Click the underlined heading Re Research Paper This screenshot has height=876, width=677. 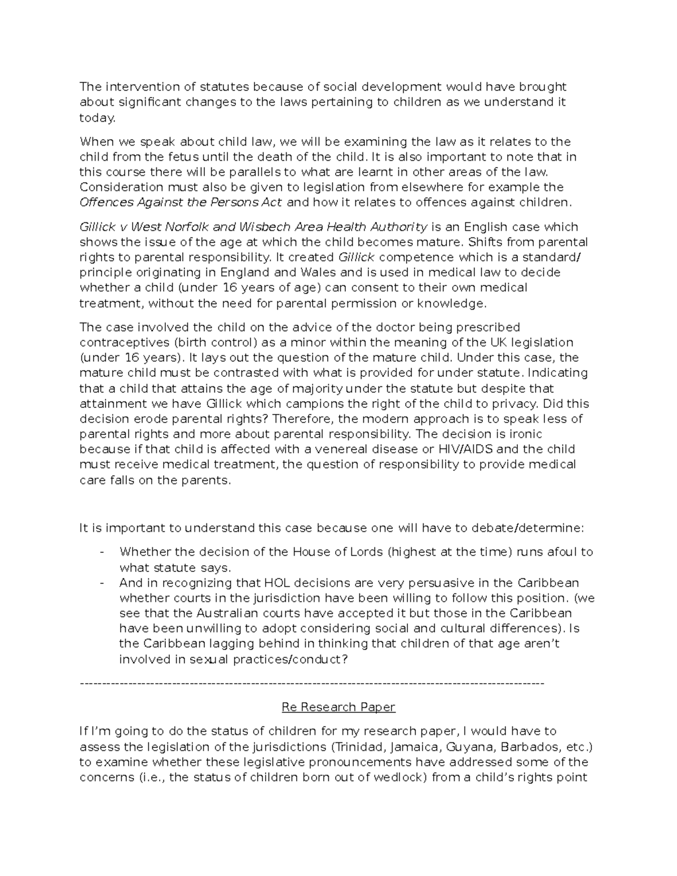pyautogui.click(x=338, y=707)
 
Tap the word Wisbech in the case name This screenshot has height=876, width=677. pyautogui.click(x=260, y=227)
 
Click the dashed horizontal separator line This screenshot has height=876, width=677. pyautogui.click(x=313, y=683)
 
